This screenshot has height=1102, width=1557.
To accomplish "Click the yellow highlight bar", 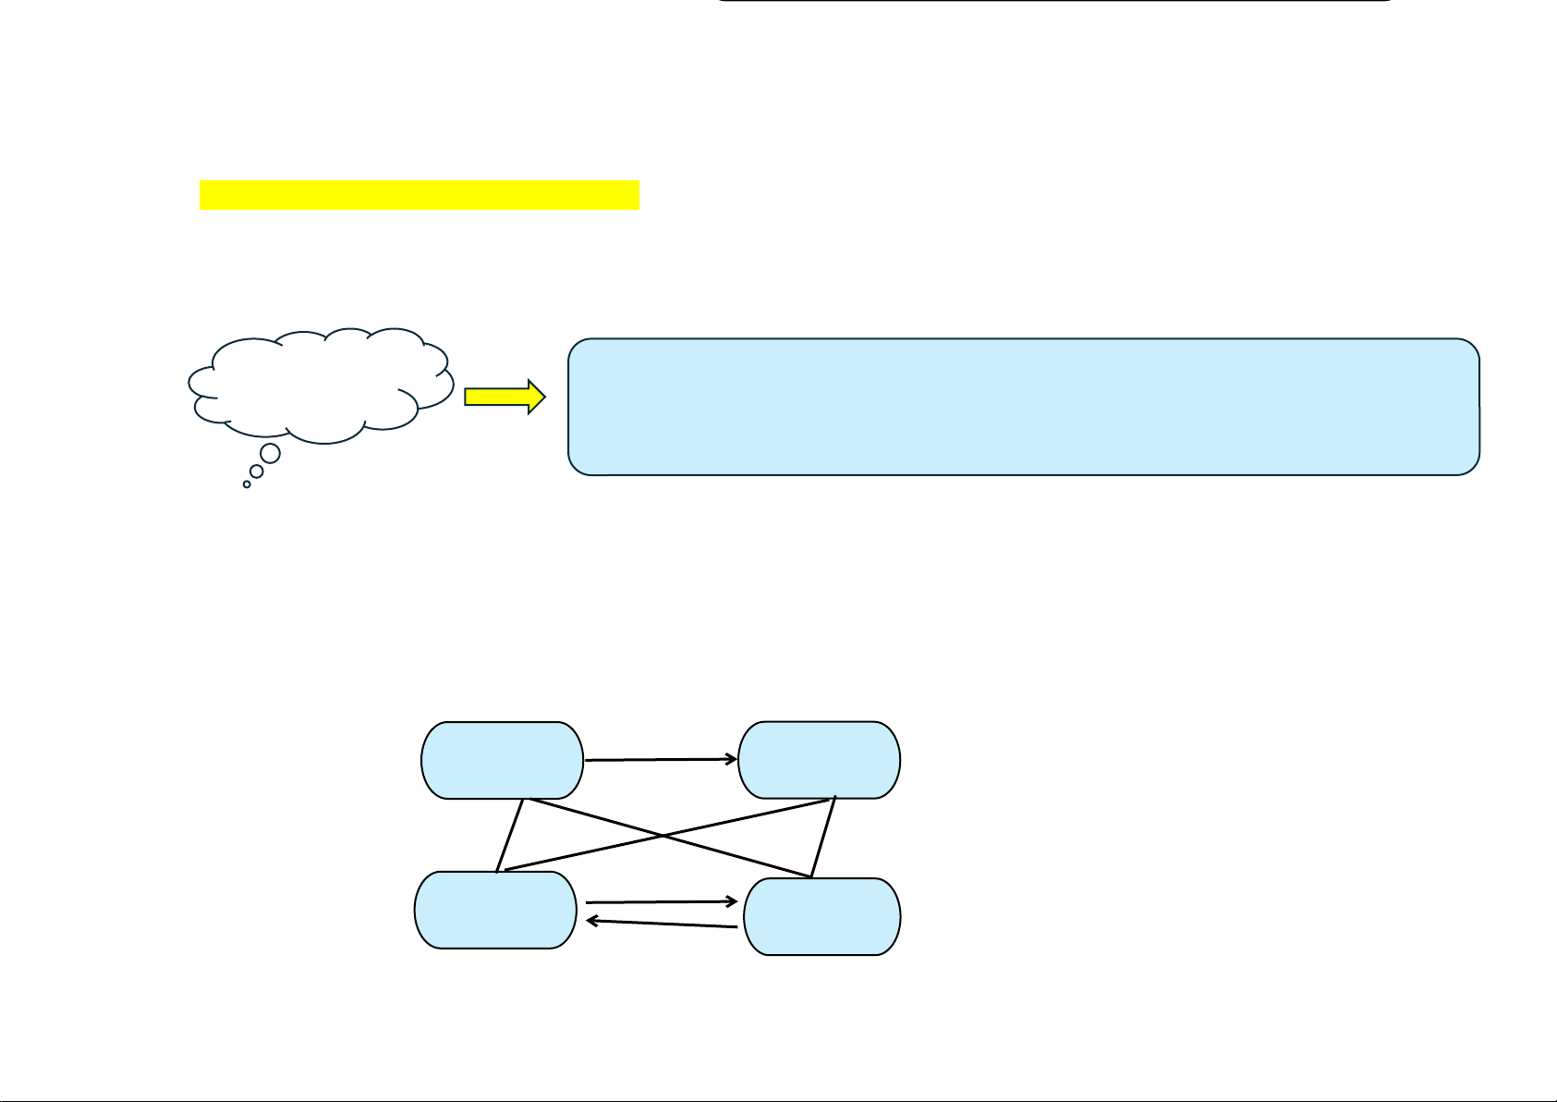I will [419, 195].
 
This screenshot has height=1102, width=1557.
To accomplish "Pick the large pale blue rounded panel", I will [1023, 407].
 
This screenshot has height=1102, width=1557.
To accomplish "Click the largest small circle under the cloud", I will [270, 453].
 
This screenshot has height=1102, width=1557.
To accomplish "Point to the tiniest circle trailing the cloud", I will [247, 484].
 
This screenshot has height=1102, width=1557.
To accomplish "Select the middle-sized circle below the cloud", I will [257, 471].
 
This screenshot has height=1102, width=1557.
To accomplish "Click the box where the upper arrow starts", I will [502, 760].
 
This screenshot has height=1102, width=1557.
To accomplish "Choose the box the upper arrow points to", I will [820, 760].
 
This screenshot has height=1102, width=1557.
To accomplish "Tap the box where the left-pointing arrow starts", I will [821, 916].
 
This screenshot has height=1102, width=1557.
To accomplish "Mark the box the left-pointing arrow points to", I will [494, 910].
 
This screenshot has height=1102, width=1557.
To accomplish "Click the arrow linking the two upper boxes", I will [660, 760].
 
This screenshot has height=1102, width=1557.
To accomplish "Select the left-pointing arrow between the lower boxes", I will [662, 924].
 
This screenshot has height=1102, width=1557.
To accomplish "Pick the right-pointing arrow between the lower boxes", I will [660, 901].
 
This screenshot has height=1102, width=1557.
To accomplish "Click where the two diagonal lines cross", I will [662, 837].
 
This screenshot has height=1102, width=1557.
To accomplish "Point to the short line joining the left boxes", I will [510, 836].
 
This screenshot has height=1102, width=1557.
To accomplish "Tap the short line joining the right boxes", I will [823, 837].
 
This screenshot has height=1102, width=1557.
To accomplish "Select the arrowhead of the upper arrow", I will [732, 759].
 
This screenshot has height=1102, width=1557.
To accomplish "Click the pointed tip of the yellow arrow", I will [544, 397].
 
